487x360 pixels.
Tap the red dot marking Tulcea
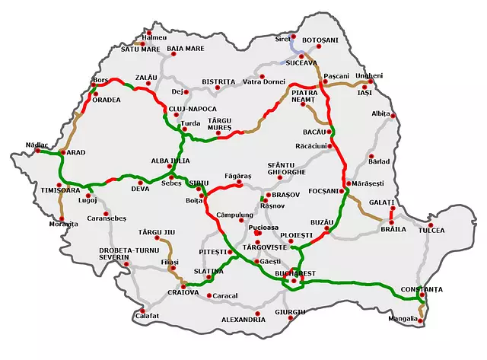click(x=430, y=226)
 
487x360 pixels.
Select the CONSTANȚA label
click(x=424, y=289)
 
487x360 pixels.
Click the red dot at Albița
click(x=394, y=115)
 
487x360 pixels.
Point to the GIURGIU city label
click(x=290, y=312)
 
